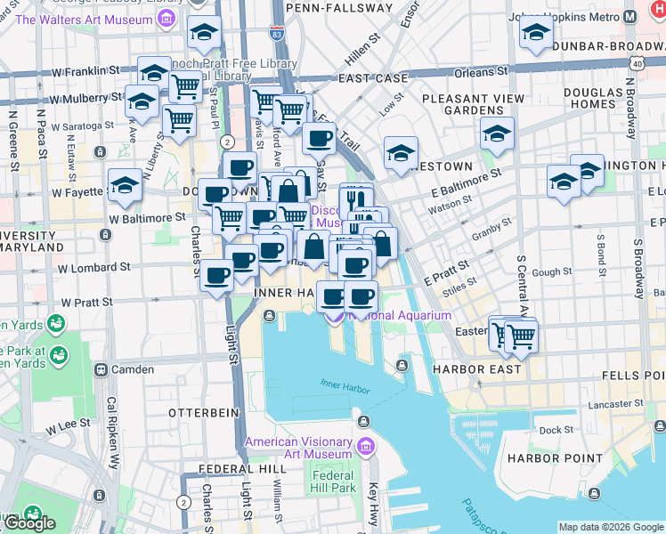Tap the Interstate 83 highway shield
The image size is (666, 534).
pyautogui.click(x=277, y=33)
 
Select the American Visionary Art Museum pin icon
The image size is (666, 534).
pyautogui.click(x=365, y=446)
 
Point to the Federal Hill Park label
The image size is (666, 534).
pyautogui.click(x=334, y=481)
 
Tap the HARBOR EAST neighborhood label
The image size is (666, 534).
pyautogui.click(x=469, y=369)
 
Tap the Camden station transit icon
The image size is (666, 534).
pyautogui.click(x=101, y=369)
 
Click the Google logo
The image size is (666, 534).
pyautogui.click(x=28, y=522)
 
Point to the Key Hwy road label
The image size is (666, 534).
pyautogui.click(x=374, y=498)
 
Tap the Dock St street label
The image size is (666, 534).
pyautogui.click(x=556, y=430)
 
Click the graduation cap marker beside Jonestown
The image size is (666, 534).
pyautogui.click(x=402, y=153)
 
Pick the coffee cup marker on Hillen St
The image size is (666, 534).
pyautogui.click(x=319, y=139)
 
